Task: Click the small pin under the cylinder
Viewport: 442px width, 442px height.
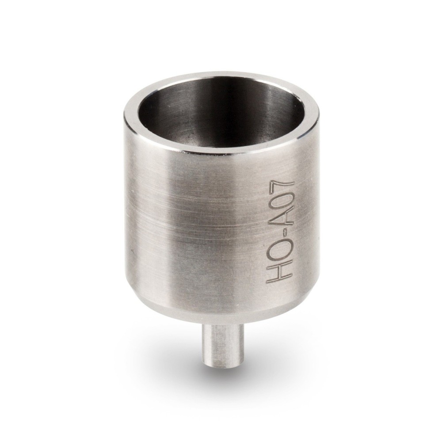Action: click(218, 343)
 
